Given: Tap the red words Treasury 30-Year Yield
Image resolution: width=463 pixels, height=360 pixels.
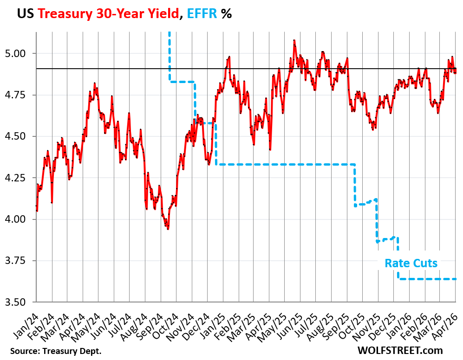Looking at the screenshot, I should [x=108, y=13].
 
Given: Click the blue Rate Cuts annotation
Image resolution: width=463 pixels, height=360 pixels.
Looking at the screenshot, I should [x=411, y=263].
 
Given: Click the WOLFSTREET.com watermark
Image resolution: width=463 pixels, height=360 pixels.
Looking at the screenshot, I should [x=400, y=350].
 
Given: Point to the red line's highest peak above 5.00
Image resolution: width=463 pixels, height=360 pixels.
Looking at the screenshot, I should [x=294, y=41].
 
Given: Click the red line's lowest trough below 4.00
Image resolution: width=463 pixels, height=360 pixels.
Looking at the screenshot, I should [x=168, y=229].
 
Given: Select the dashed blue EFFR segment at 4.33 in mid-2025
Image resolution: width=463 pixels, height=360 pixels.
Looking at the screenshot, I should [x=288, y=164].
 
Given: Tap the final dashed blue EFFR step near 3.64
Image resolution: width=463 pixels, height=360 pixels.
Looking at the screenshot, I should [x=427, y=279].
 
